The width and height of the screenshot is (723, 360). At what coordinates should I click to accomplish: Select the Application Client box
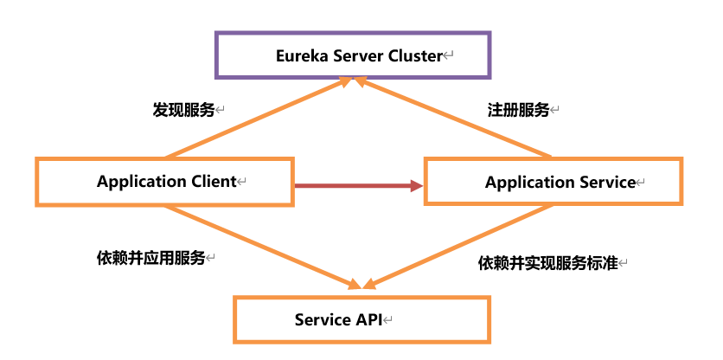point(164,182)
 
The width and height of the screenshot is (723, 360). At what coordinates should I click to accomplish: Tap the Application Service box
point(553,182)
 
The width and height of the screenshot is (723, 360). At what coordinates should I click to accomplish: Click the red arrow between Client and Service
point(355,185)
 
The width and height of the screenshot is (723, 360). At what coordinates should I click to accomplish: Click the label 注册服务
point(518,110)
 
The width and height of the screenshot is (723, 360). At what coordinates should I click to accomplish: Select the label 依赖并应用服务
point(150,258)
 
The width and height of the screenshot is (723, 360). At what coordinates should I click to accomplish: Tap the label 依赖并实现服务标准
point(547,263)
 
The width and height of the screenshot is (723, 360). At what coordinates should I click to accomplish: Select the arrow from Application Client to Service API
point(259,246)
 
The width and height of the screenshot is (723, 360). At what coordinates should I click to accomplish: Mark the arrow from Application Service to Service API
point(458,247)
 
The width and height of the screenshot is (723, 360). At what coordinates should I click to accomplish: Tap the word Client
point(213,182)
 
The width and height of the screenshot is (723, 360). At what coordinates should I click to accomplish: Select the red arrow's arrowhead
point(416,185)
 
